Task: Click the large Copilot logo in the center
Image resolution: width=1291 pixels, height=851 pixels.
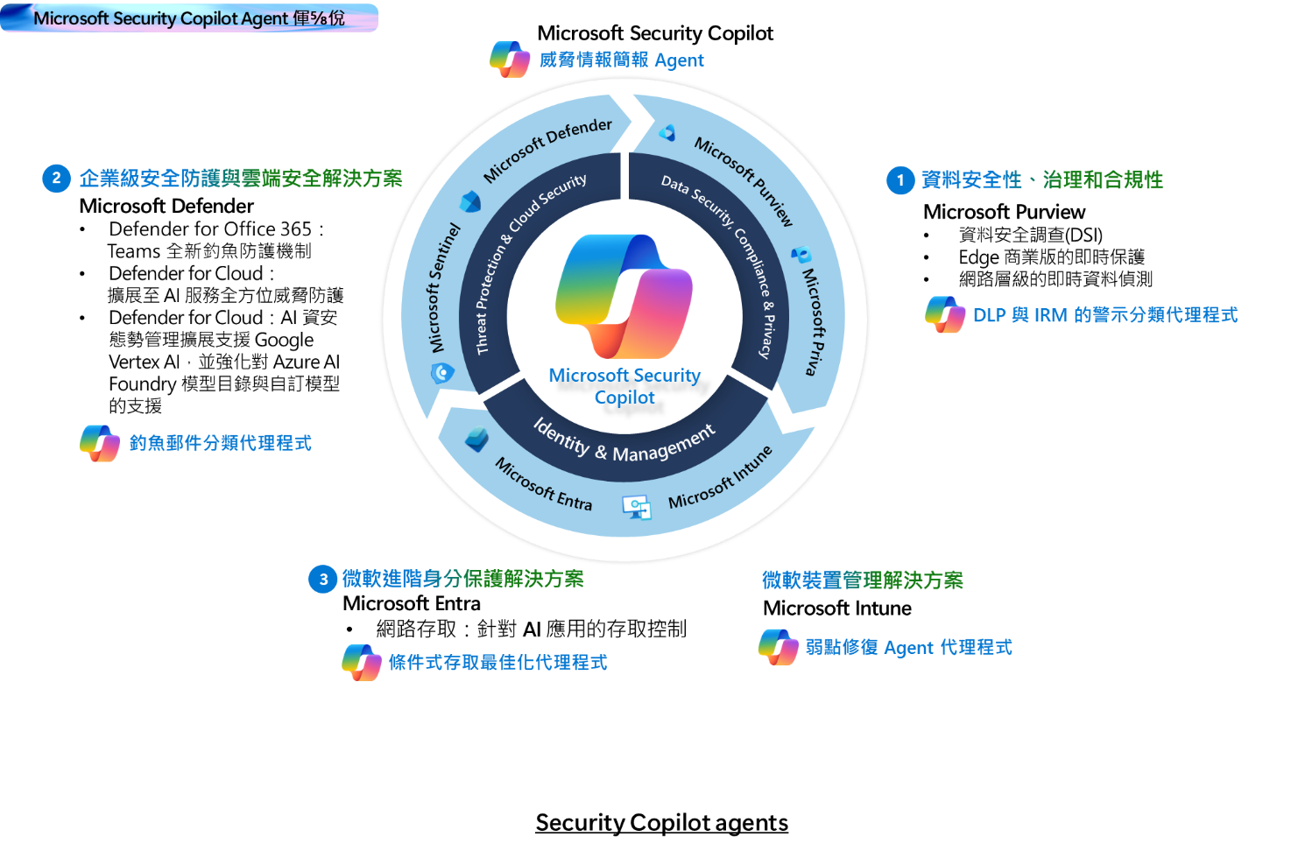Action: pos(624,295)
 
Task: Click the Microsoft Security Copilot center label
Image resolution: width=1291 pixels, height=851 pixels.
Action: pos(624,386)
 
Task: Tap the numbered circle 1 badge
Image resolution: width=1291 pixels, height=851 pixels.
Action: pos(900,180)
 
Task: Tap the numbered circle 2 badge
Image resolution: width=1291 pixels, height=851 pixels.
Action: pos(56,179)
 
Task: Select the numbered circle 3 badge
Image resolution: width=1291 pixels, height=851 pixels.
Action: pos(323,579)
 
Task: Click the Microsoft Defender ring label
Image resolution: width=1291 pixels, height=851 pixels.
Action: pos(547,150)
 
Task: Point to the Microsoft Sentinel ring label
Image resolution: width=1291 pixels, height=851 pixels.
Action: pos(444,287)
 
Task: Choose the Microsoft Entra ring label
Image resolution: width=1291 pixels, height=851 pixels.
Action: pos(543,484)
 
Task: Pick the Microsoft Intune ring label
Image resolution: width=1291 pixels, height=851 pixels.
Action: pos(720,477)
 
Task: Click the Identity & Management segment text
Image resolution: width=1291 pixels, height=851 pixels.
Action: pos(624,441)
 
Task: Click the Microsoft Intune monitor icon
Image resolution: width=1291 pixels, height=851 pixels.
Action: pos(637,507)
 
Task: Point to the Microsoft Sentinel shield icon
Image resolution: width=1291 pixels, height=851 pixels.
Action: pos(442,373)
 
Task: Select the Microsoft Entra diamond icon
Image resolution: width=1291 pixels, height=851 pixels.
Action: pos(477,439)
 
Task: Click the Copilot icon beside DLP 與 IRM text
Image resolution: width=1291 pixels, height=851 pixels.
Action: pos(945,314)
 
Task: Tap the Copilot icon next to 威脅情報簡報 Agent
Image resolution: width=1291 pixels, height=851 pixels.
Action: pos(510,60)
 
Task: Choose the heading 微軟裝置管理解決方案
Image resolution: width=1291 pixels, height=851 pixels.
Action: pos(863,580)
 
